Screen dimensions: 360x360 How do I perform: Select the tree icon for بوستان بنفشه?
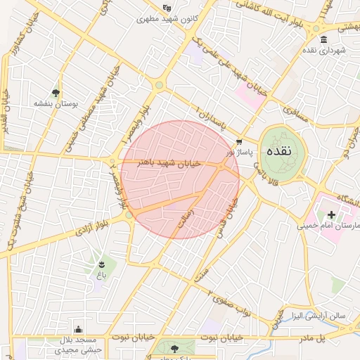[56, 92]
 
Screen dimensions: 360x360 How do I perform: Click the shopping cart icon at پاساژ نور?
[240, 141]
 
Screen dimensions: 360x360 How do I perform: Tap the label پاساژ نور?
[237, 151]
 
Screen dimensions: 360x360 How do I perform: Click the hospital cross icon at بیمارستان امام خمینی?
[331, 214]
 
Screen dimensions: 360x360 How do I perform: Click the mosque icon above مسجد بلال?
[78, 329]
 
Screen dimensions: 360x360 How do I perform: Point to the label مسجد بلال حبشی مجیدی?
[79, 344]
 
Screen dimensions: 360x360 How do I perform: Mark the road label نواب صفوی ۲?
[233, 301]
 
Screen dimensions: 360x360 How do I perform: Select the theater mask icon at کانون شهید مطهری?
[167, 8]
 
